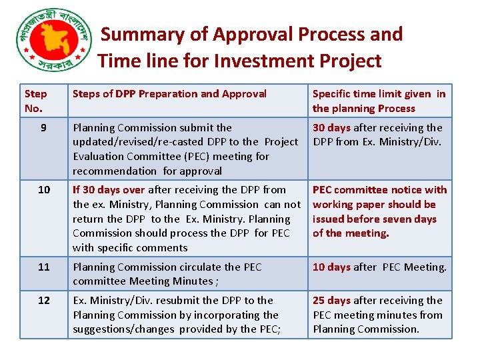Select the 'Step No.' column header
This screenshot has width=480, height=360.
[35, 101]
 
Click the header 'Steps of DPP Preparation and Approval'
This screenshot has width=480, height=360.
[169, 94]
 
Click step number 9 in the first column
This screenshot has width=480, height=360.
[43, 127]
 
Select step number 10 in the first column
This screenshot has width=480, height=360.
[43, 190]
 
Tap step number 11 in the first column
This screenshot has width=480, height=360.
[43, 267]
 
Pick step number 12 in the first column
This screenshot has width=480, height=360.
[43, 300]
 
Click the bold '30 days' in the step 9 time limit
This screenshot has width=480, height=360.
[331, 127]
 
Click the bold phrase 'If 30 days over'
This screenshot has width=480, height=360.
[109, 190]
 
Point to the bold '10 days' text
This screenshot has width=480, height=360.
[331, 267]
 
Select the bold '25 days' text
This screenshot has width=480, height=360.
[331, 300]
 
